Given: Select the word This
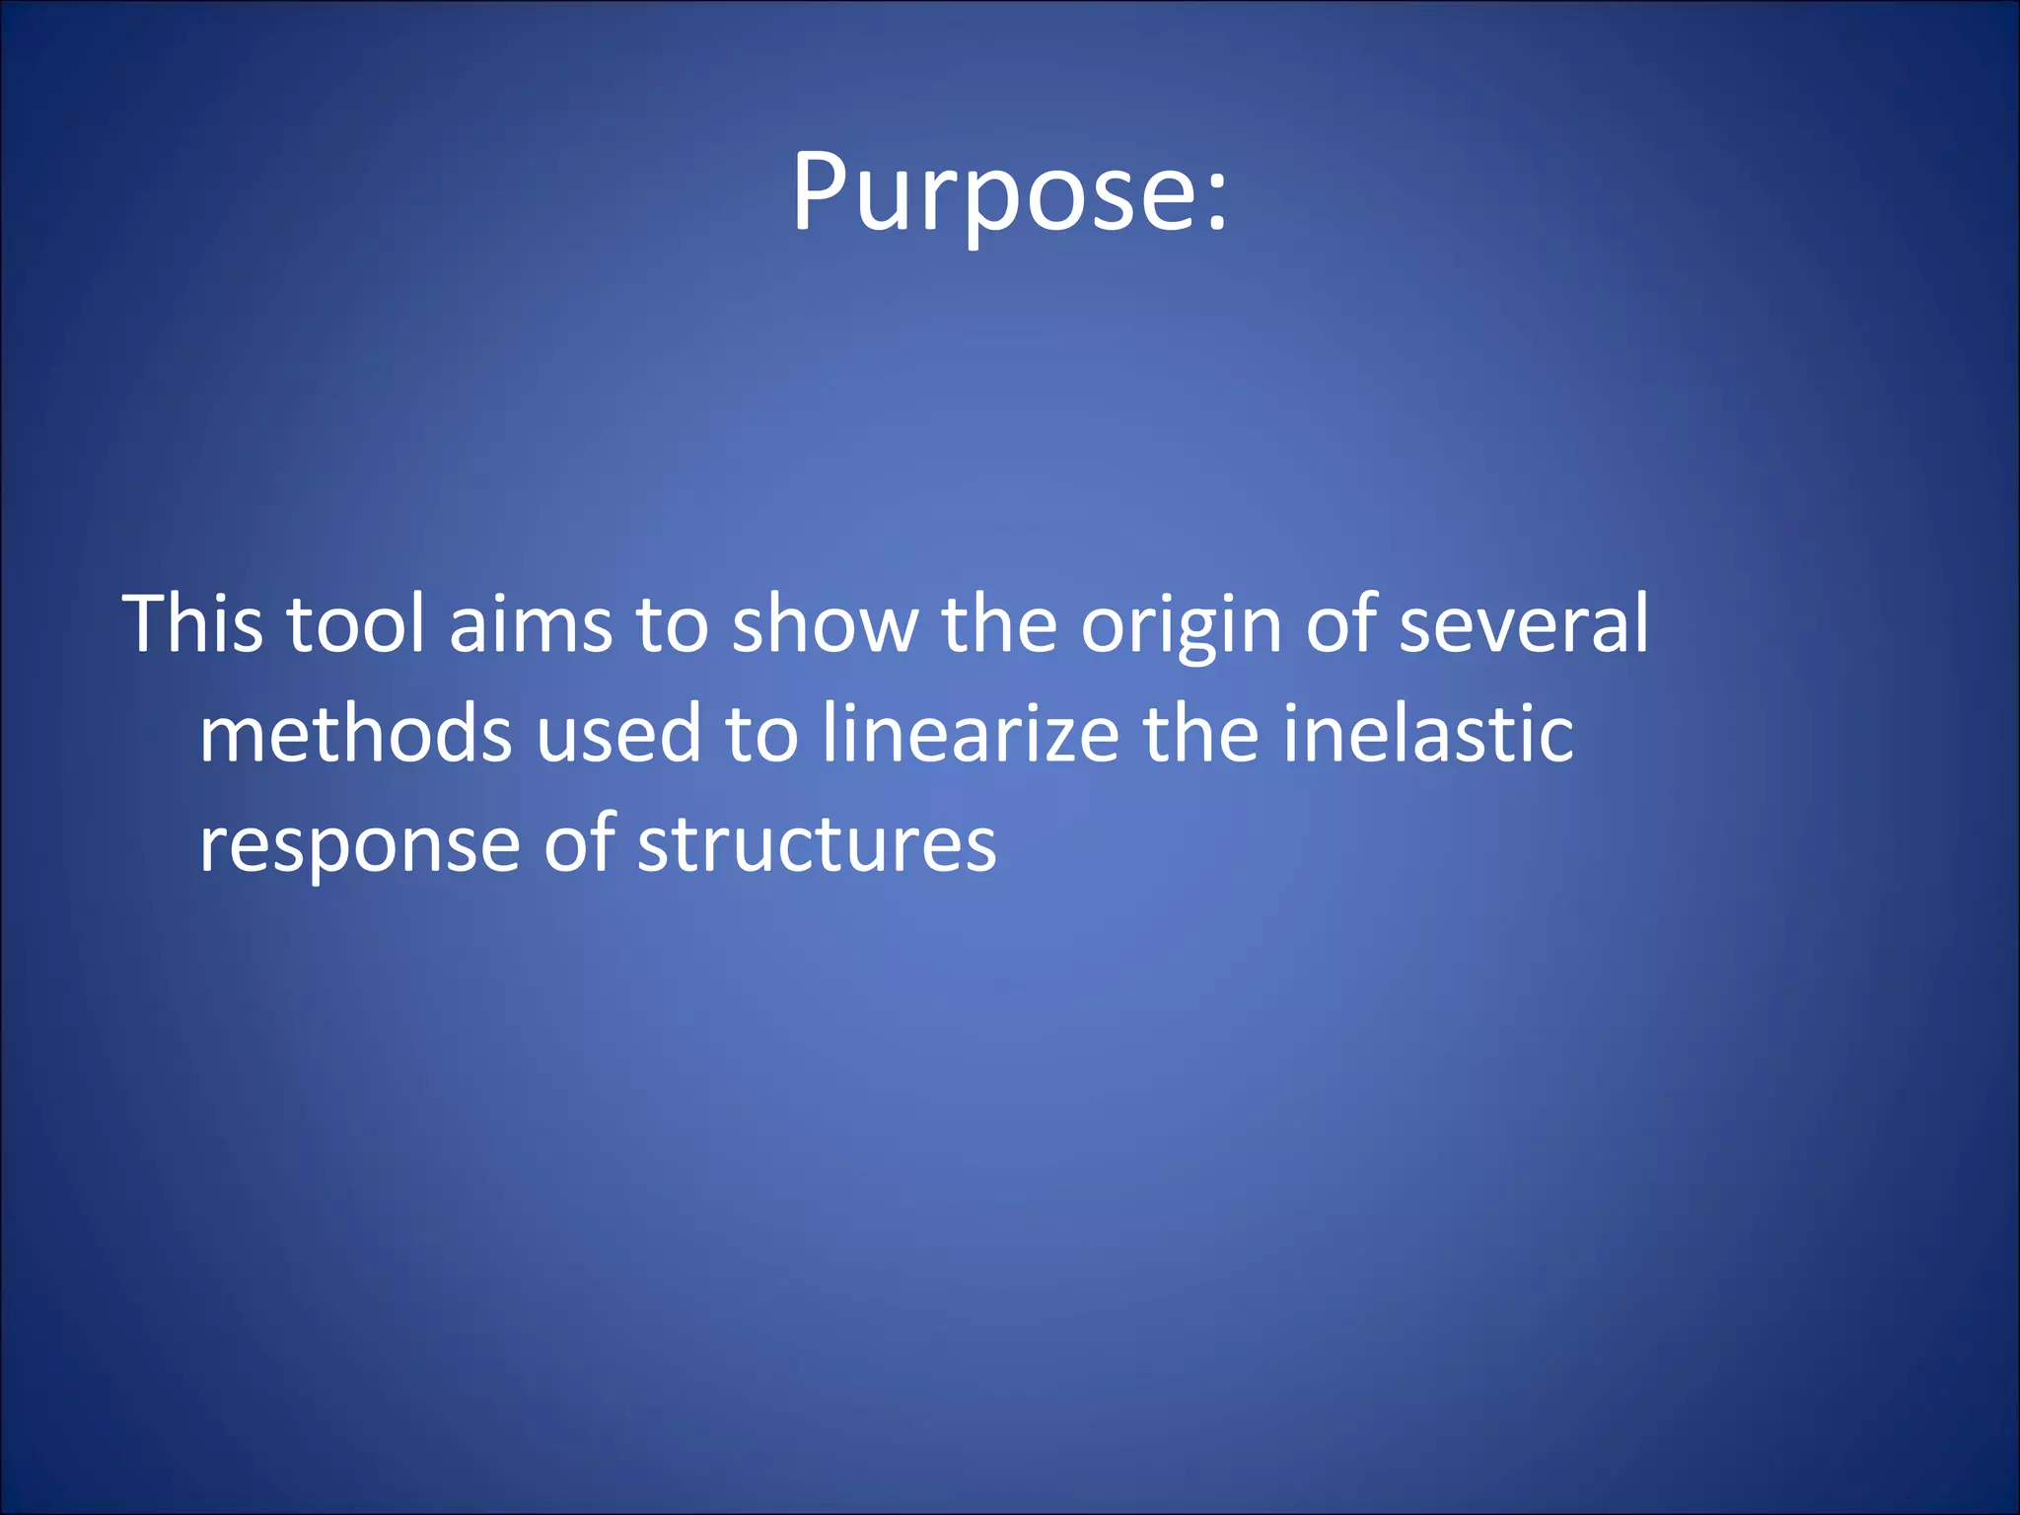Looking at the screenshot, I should click(193, 623).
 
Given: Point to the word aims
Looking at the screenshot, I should click(531, 623).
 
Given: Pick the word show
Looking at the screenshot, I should click(825, 623).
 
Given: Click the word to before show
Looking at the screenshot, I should click(672, 623).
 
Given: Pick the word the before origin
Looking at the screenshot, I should click(999, 623).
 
